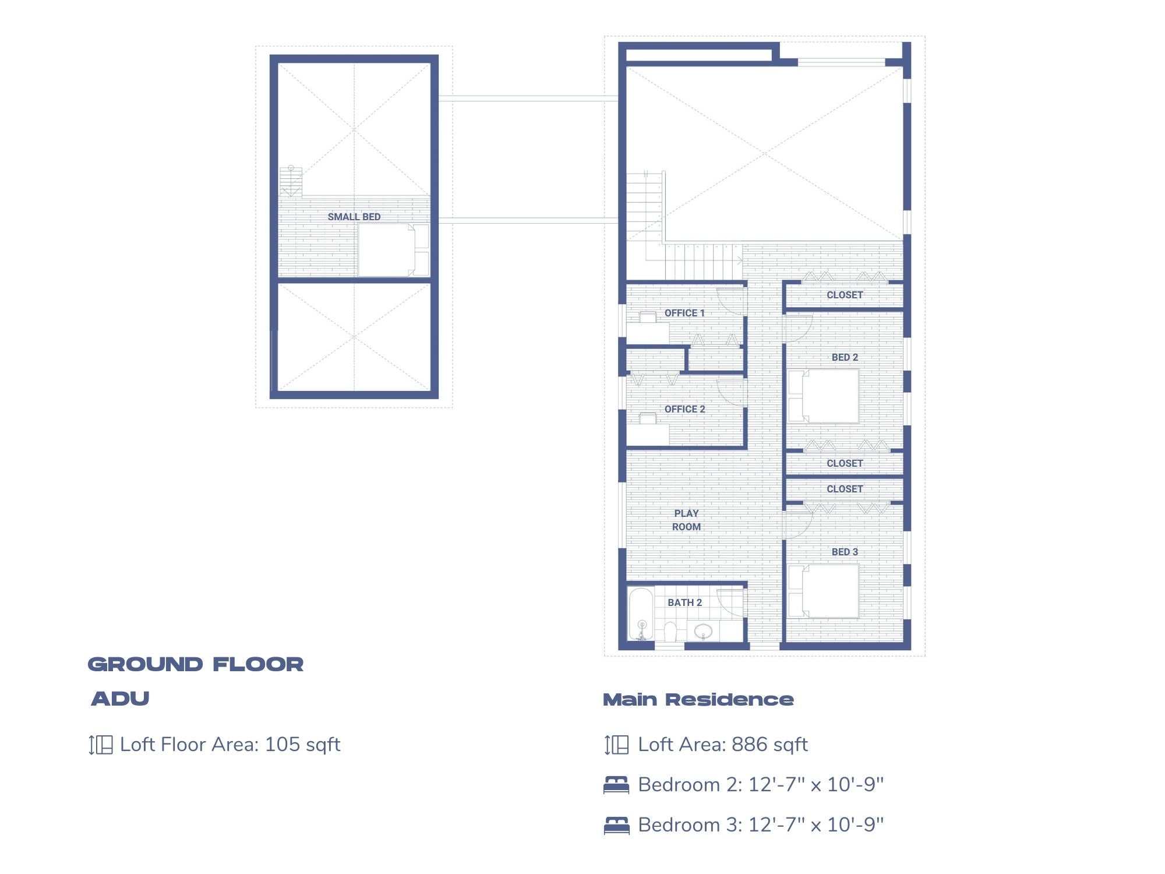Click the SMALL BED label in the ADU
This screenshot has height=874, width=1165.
click(354, 217)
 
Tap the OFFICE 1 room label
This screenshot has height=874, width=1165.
click(684, 313)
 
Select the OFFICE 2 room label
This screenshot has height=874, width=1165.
click(684, 409)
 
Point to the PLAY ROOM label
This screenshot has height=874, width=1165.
click(686, 520)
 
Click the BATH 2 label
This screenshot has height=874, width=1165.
click(684, 602)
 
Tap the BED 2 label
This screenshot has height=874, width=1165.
click(845, 357)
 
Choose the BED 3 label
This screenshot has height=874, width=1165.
click(845, 552)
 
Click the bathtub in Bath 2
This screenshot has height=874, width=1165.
click(641, 614)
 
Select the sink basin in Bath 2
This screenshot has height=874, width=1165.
click(703, 630)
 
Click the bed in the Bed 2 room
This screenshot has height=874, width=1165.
click(824, 396)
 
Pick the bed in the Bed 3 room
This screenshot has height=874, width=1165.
click(824, 591)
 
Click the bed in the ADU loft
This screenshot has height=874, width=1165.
click(387, 251)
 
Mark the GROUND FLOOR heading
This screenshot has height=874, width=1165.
click(196, 664)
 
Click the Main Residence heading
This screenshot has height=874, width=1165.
click(698, 700)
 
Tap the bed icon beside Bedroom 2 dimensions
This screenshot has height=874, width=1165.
click(616, 785)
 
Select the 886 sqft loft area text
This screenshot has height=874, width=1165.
click(769, 745)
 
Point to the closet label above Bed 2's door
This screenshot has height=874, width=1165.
click(845, 295)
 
